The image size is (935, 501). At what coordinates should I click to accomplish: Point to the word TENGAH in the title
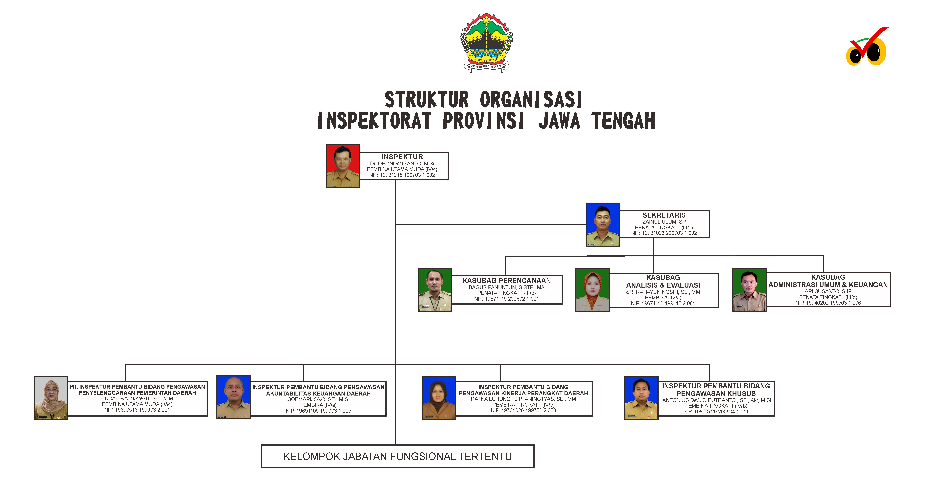point(623,121)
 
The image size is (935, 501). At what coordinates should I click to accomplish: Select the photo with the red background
point(343,166)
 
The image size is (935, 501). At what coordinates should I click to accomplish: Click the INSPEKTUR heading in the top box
point(402,157)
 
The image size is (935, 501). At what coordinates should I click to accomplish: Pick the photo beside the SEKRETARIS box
point(603,224)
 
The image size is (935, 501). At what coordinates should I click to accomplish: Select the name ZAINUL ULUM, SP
point(664,222)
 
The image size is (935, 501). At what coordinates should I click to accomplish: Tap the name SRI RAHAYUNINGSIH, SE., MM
point(663,292)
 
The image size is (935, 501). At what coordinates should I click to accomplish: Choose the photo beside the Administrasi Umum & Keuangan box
point(749,290)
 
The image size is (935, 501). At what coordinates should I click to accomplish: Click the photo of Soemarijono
point(233,397)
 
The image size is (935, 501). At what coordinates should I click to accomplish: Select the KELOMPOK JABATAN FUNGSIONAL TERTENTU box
point(397,456)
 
